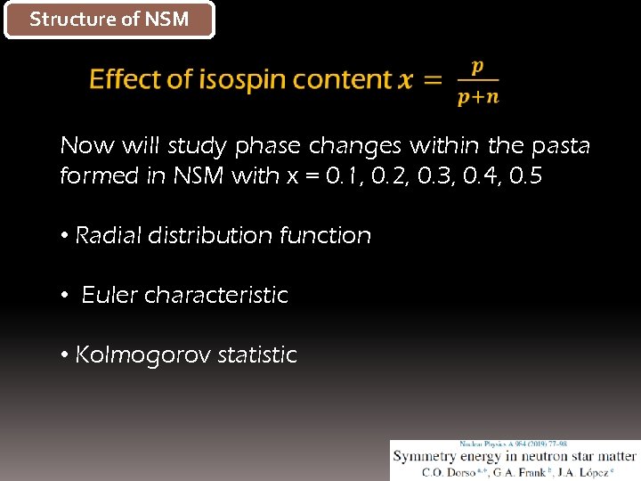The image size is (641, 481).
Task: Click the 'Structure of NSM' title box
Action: click(110, 20)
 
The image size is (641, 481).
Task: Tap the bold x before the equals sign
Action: click(405, 80)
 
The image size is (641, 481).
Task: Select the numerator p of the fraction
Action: click(477, 66)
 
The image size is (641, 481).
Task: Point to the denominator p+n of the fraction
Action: click(478, 97)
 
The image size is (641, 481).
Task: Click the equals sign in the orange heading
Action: click(433, 80)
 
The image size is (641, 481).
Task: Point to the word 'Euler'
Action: click(108, 295)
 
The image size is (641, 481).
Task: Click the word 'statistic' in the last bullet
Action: click(257, 355)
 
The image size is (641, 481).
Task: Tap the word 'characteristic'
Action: click(216, 295)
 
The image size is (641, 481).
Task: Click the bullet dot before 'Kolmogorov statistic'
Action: click(65, 355)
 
